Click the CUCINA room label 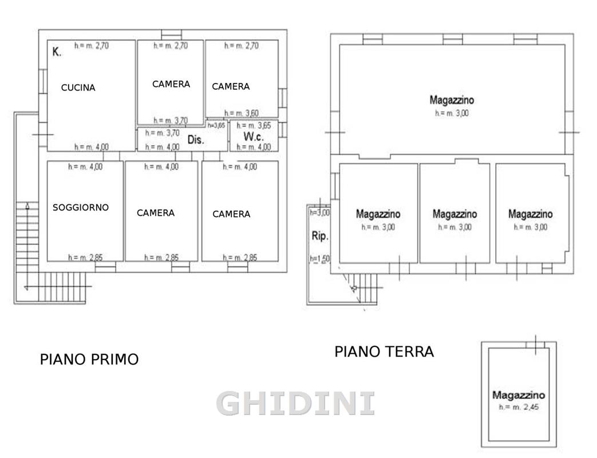coord(78,88)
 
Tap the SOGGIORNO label coord(81,207)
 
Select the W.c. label coord(254,136)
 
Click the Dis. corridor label coord(196,140)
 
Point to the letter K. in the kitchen coord(57,52)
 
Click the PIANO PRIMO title coord(89,360)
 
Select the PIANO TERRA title coord(384,352)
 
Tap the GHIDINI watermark coord(295,404)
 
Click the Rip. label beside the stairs coord(320,236)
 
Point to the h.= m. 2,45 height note coord(519,407)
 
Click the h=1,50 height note coord(320,259)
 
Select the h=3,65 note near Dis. coord(216,125)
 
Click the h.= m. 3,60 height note coord(242,113)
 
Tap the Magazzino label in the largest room coord(452,100)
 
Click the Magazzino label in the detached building coord(519,395)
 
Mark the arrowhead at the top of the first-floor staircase coord(28,206)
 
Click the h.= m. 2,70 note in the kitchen coord(92,46)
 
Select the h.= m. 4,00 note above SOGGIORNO coord(85,167)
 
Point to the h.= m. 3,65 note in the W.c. coord(254,125)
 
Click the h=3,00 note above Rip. coord(320,212)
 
